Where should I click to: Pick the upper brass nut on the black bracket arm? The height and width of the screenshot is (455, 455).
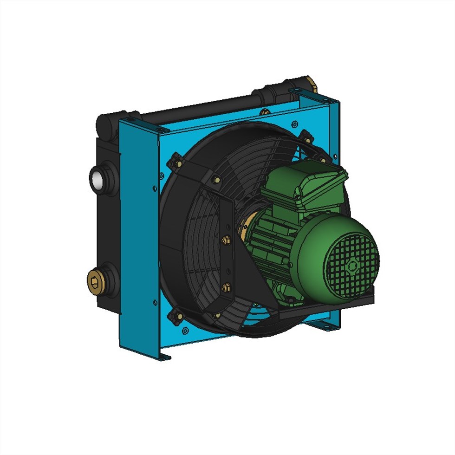pyautogui.click(x=226, y=240)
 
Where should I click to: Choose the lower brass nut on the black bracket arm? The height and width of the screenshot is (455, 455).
pyautogui.click(x=226, y=288)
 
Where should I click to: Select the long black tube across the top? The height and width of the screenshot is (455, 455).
pyautogui.click(x=200, y=109)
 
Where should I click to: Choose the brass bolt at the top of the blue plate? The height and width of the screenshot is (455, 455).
pyautogui.click(x=265, y=112)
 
